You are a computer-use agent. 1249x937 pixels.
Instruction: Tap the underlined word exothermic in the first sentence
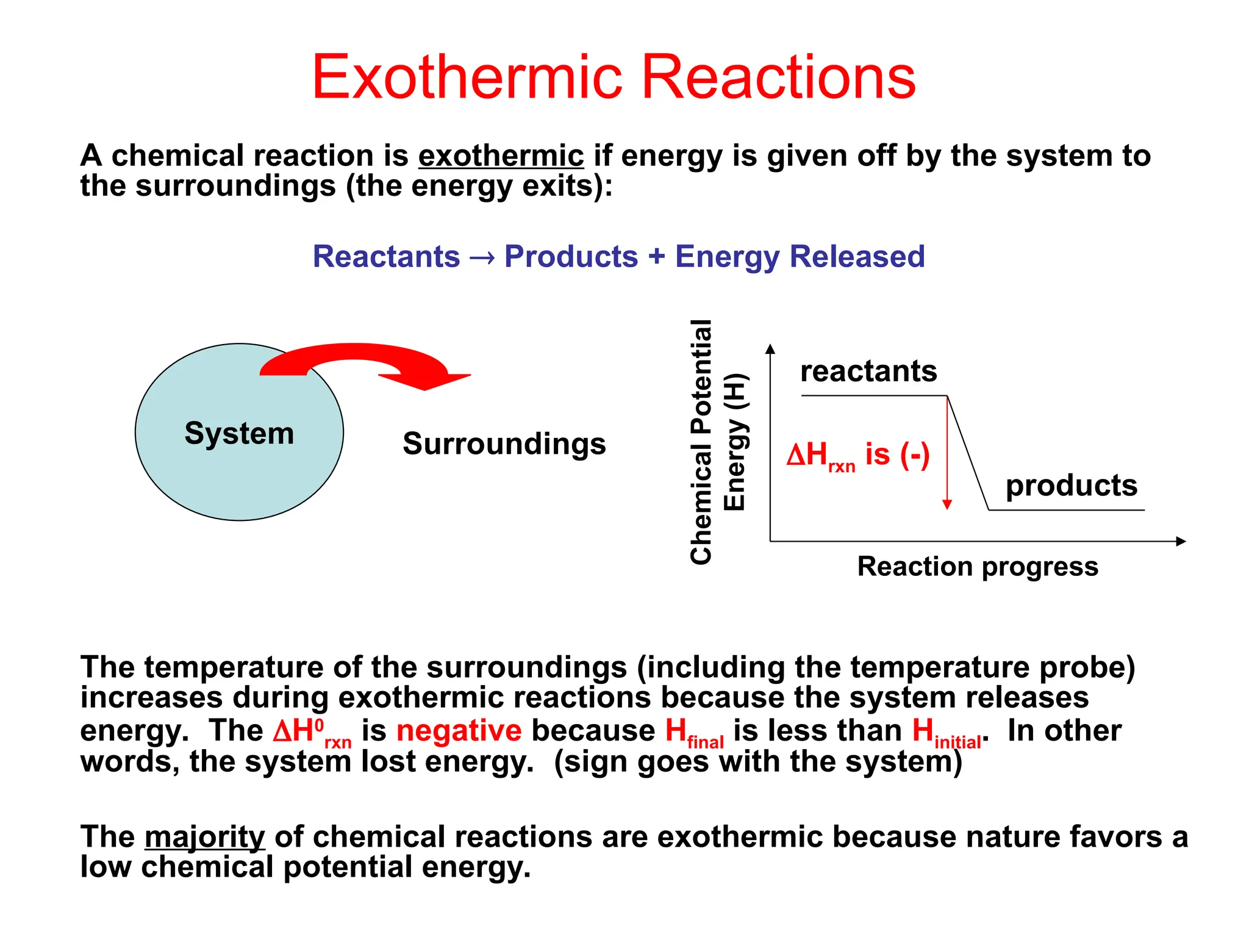(501, 156)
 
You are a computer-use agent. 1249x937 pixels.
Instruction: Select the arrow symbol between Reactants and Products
(482, 257)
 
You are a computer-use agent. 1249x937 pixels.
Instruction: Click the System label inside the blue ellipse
(239, 433)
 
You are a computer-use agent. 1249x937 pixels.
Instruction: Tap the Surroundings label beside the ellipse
(504, 443)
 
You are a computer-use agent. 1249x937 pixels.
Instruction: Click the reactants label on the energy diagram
(868, 371)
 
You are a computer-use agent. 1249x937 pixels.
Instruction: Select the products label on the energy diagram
(1071, 486)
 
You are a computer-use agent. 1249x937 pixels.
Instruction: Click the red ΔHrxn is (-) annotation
(857, 456)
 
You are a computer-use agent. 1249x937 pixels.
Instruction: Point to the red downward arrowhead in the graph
(947, 504)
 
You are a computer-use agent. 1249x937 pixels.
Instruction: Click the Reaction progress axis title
(977, 567)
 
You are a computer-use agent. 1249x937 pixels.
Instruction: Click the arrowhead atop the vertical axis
(770, 349)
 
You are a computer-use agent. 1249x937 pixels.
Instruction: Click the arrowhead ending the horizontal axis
(1181, 541)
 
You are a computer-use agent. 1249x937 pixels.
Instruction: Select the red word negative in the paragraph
(459, 731)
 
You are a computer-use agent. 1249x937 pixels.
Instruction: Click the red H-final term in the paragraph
(693, 732)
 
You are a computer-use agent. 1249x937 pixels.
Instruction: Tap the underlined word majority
(204, 837)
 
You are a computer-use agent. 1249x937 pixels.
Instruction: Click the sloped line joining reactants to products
(968, 453)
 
